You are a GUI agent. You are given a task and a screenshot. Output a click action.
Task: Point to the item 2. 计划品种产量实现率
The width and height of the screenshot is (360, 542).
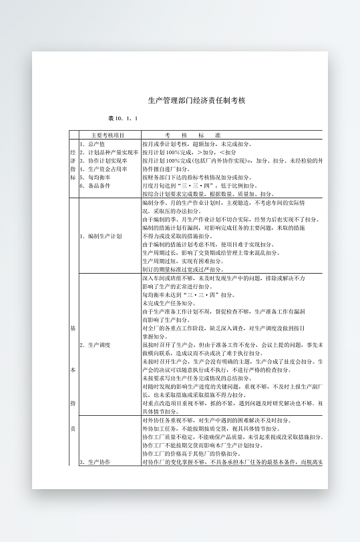coord(109,152)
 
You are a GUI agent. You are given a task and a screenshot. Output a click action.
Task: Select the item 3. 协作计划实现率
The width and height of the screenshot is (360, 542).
coord(103,161)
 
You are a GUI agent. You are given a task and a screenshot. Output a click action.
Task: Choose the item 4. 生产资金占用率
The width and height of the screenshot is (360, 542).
coord(103,169)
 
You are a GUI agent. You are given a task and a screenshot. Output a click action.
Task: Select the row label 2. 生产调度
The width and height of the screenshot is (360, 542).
coord(95,345)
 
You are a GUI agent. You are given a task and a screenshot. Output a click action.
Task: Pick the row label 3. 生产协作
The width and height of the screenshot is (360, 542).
coord(95,462)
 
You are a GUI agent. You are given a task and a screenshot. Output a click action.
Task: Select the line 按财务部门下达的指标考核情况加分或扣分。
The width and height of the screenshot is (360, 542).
coord(198,178)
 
